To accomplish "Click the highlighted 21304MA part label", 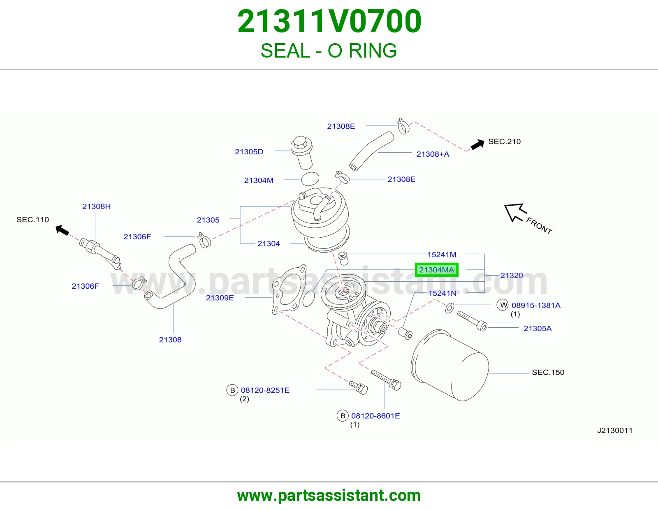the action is [x=436, y=269].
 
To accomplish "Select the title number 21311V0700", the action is [x=329, y=21].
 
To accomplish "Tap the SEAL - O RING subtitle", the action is [x=329, y=51].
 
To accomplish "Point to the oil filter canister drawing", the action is [x=449, y=365].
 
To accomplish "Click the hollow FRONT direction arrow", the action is [x=515, y=212].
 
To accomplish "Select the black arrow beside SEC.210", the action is [x=477, y=144].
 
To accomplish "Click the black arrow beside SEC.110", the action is [x=63, y=230].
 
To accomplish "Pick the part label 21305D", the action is [x=249, y=151].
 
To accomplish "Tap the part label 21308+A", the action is [x=433, y=154].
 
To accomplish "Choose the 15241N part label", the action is [x=442, y=293].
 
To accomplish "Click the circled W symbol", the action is [x=503, y=305].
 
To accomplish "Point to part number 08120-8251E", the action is [x=265, y=390].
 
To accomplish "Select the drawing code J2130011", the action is [x=615, y=430].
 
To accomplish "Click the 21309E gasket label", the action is [x=220, y=298].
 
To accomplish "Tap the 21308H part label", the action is [x=96, y=206].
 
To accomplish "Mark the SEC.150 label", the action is [x=548, y=372].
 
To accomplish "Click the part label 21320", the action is [x=512, y=275].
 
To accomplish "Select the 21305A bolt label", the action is [x=538, y=328].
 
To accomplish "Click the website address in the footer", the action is [x=329, y=496].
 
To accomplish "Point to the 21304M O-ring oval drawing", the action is [x=310, y=179].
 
